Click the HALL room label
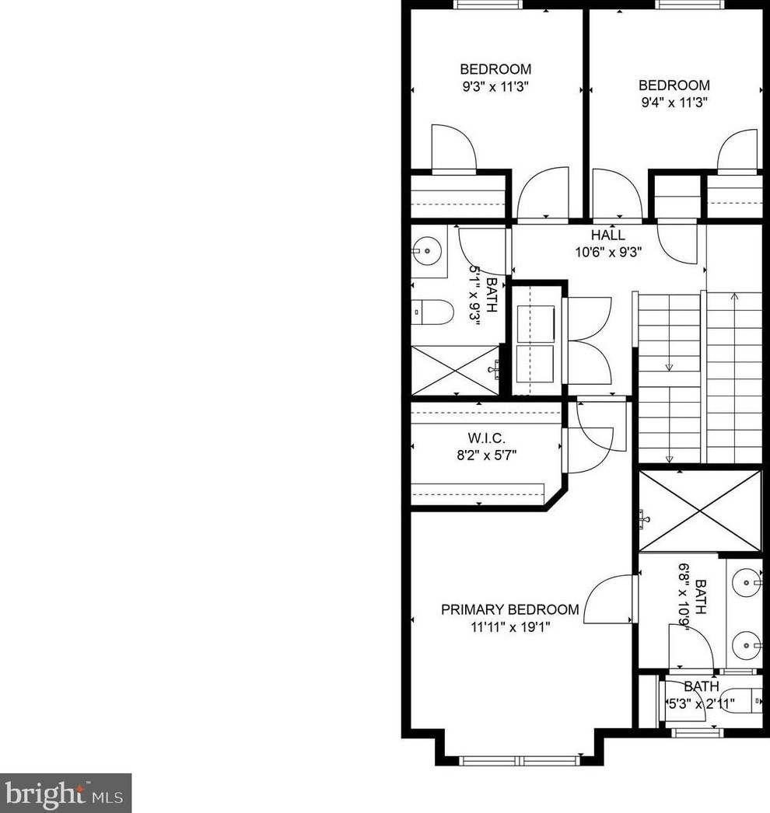click(x=608, y=235)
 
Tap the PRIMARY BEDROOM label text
click(x=510, y=609)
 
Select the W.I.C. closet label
click(x=487, y=438)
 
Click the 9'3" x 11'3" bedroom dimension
click(x=495, y=86)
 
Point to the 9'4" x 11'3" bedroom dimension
click(x=674, y=102)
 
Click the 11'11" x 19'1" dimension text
click(x=510, y=627)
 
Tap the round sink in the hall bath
click(x=426, y=252)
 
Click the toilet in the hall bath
click(x=432, y=312)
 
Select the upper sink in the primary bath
click(x=747, y=583)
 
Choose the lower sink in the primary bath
click(x=747, y=646)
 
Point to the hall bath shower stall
click(x=455, y=371)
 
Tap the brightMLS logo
click(x=65, y=794)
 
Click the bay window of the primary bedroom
click(x=520, y=761)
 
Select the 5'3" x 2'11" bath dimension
click(x=701, y=704)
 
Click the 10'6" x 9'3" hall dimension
click(x=608, y=253)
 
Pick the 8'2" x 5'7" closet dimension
click(x=487, y=455)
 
